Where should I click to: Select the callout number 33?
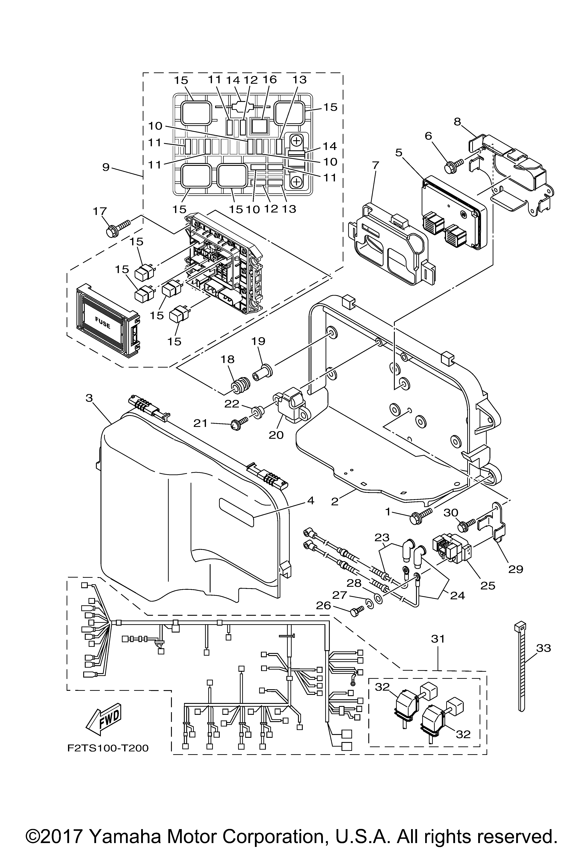pyautogui.click(x=543, y=648)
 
